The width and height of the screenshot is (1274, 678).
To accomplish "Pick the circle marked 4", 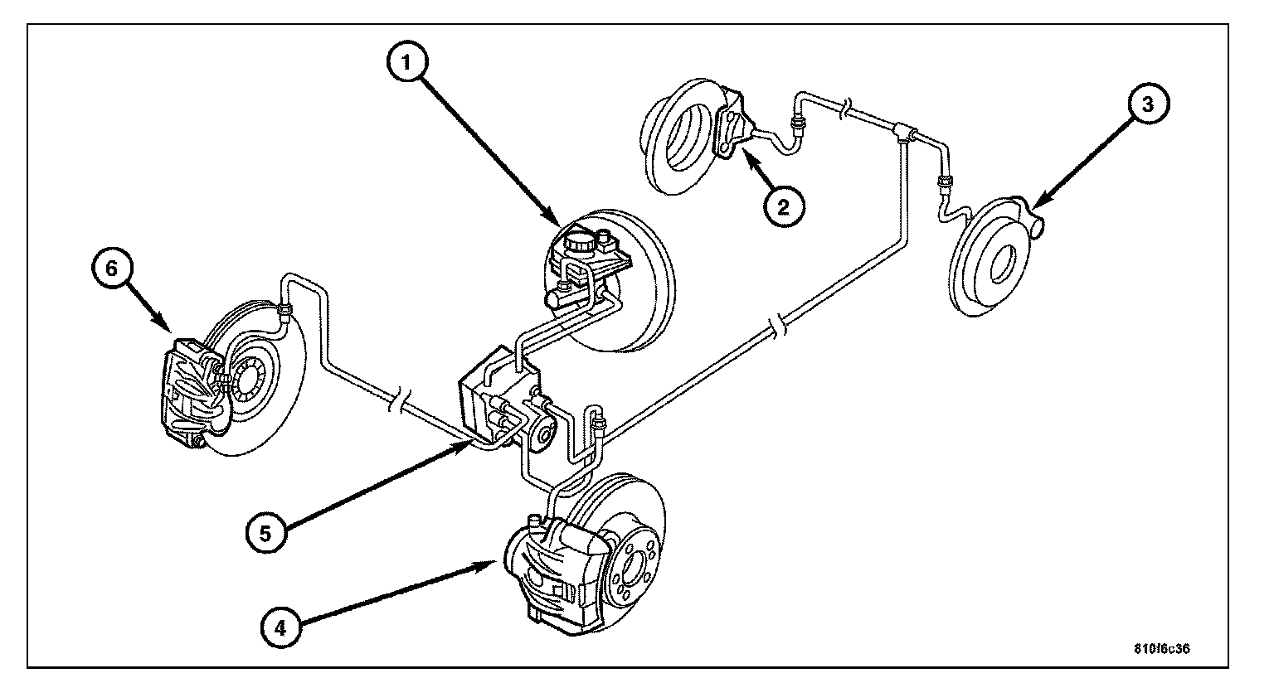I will click(x=281, y=627).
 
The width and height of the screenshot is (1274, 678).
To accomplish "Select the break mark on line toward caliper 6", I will click(x=398, y=404).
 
